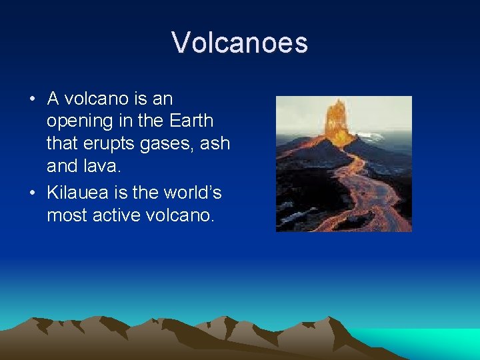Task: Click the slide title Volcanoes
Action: (x=239, y=43)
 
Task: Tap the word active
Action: (x=115, y=215)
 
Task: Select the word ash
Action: (x=215, y=144)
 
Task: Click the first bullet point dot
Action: (x=32, y=99)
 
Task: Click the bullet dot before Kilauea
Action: (x=32, y=193)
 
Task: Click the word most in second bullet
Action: (x=65, y=215)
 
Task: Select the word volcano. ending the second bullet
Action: (x=179, y=215)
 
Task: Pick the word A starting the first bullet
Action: (x=53, y=99)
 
